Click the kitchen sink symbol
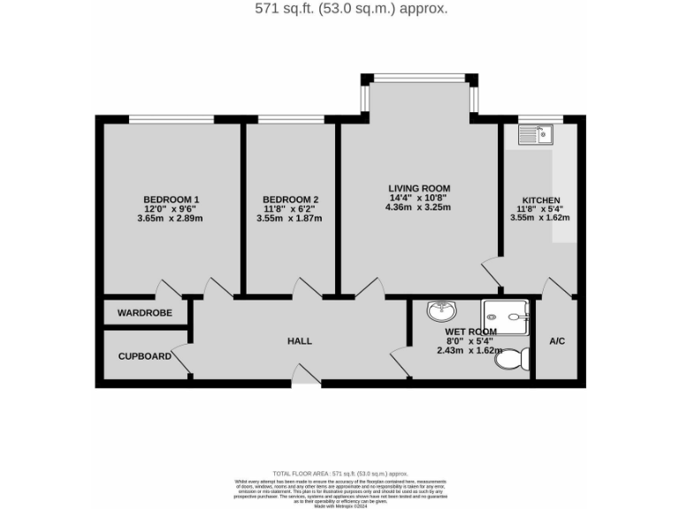(x=535, y=134)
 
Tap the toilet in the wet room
(x=512, y=359)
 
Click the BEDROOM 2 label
(x=290, y=199)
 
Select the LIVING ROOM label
(x=419, y=188)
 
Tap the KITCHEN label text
(x=540, y=201)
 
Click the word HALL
(x=300, y=341)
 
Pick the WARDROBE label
(x=145, y=313)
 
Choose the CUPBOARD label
(x=145, y=356)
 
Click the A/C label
(x=557, y=341)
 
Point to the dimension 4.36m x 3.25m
(x=419, y=208)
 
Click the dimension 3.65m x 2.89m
(x=171, y=218)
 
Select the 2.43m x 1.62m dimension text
(x=469, y=350)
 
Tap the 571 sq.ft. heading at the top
(x=339, y=9)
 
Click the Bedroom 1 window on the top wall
(x=171, y=118)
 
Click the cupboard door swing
(x=181, y=362)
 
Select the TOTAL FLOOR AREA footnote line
(x=339, y=475)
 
